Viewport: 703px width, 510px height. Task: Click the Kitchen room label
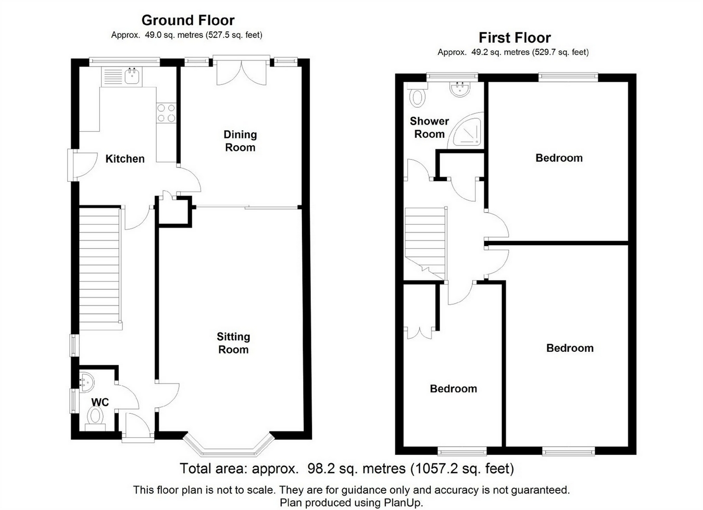pyautogui.click(x=125, y=159)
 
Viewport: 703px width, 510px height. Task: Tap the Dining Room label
pyautogui.click(x=240, y=141)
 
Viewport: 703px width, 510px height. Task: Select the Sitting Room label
pyautogui.click(x=233, y=343)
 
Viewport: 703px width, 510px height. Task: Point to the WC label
pyautogui.click(x=100, y=402)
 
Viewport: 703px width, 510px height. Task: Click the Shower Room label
pyautogui.click(x=429, y=127)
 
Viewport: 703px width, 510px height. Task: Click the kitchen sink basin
pyautogui.click(x=132, y=76)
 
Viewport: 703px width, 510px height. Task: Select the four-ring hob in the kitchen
pyautogui.click(x=166, y=113)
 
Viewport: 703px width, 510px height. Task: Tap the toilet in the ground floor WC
pyautogui.click(x=95, y=418)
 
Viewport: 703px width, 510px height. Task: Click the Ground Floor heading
pyautogui.click(x=188, y=20)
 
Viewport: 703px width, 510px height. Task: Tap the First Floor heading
pyautogui.click(x=514, y=38)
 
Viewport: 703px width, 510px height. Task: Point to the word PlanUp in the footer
pyautogui.click(x=403, y=503)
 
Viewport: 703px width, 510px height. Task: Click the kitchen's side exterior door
pyautogui.click(x=82, y=165)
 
